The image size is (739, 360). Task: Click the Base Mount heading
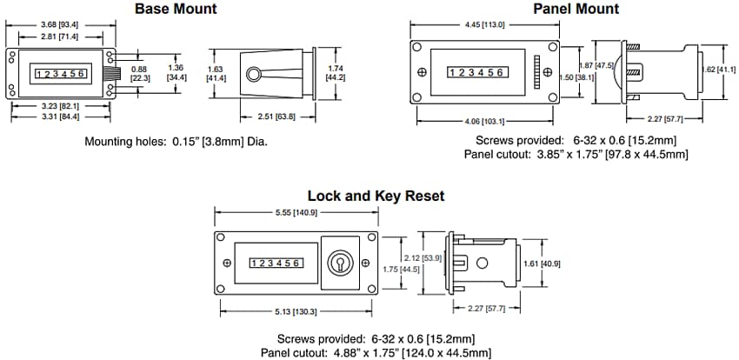[176, 10]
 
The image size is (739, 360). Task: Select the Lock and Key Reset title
[376, 197]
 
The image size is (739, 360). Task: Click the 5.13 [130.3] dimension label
[296, 311]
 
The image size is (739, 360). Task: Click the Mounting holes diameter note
[176, 141]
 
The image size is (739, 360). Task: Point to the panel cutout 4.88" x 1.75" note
[376, 352]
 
